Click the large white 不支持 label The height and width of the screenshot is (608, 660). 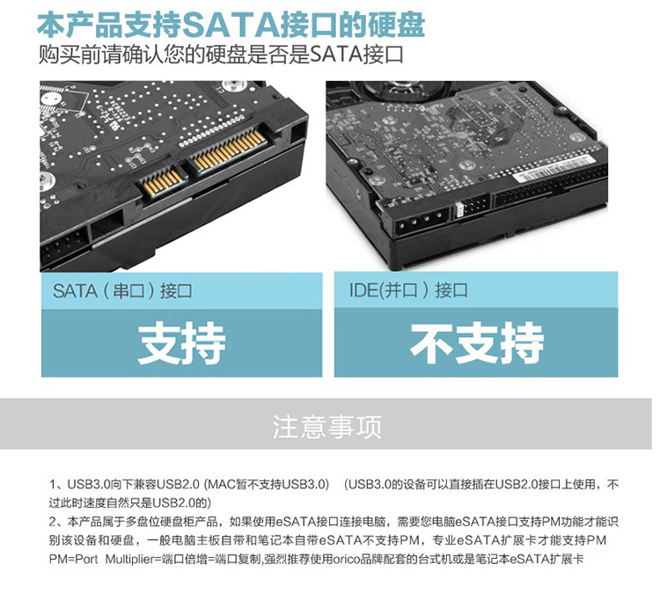477,343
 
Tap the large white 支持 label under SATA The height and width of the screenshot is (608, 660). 181,343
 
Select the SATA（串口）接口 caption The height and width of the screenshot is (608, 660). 122,291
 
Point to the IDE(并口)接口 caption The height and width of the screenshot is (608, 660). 408,290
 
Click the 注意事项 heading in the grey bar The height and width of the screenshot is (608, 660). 327,427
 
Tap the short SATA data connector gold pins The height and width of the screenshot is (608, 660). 164,180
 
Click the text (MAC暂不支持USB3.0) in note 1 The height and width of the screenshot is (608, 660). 267,484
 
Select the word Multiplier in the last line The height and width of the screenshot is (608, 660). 129,560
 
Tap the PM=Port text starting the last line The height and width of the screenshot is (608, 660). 73,560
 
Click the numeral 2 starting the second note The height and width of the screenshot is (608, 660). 52,522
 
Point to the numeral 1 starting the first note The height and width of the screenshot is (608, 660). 52,484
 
